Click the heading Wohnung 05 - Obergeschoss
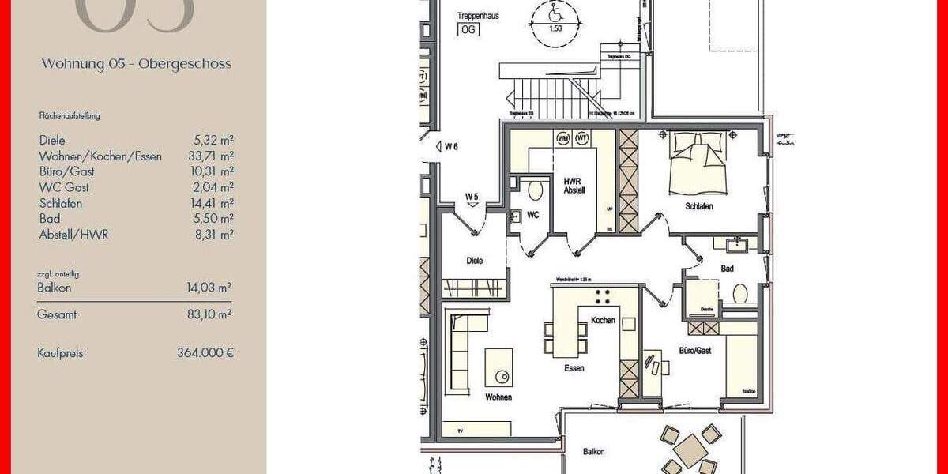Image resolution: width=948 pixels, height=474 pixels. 137,64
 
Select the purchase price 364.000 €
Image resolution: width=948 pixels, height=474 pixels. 205,353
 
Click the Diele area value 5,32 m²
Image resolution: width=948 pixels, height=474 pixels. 213,141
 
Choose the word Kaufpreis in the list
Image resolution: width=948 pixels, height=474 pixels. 60,353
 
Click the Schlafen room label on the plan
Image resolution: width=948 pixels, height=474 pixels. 700,206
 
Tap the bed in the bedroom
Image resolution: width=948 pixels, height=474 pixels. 696,164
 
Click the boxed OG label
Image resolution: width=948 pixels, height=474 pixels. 468,30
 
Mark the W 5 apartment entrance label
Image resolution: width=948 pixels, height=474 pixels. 472,196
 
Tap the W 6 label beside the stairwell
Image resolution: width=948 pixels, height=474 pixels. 451,145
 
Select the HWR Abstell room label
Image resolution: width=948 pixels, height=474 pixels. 574,185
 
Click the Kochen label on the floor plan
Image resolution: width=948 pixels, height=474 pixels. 603,320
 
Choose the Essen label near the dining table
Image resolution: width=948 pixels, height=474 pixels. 574,368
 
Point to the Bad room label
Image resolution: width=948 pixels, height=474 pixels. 727,269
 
